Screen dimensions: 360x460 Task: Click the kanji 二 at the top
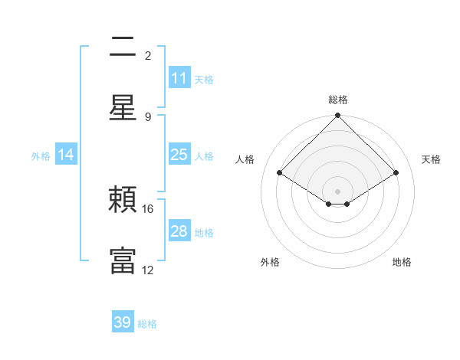coord(123,47)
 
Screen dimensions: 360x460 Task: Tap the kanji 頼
coord(123,201)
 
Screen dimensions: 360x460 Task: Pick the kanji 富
coord(123,260)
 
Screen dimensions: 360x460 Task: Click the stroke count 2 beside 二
coord(148,56)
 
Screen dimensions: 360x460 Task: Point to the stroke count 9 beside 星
coord(148,116)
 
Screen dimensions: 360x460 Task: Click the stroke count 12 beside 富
coord(148,270)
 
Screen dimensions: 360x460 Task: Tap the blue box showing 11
coord(179,78)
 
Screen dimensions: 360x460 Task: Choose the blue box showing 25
coord(179,155)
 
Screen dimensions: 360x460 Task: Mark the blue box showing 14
coord(66,155)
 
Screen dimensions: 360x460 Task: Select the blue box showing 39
coord(123,323)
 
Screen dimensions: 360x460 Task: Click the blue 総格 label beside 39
coord(147,324)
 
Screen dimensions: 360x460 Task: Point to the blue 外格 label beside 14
coord(41,155)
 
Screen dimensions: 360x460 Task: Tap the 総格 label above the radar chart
coord(337,100)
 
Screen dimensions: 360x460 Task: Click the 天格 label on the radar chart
coord(432,159)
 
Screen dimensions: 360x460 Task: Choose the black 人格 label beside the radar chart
coord(245,159)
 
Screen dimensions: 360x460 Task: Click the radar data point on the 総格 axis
coord(337,116)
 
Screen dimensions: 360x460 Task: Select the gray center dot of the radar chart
coord(337,190)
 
